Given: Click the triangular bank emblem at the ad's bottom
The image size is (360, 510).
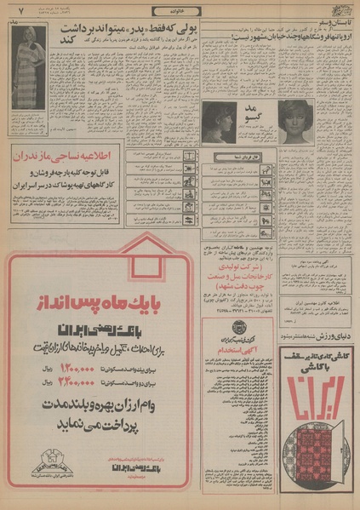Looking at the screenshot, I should pyautogui.click(x=50, y=466).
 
